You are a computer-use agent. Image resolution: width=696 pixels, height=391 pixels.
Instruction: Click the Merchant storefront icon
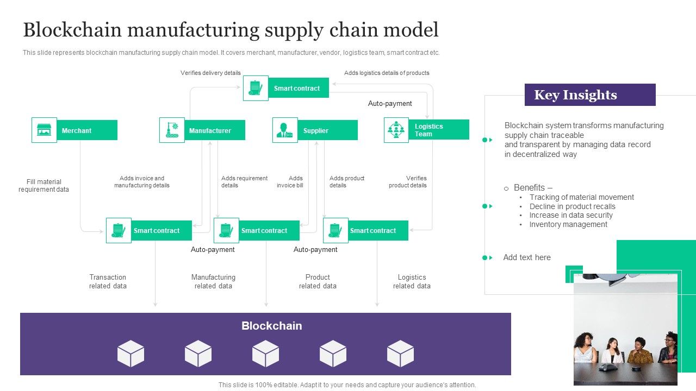click(x=44, y=130)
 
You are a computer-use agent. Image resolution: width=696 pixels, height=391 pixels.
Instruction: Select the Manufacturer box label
click(x=210, y=131)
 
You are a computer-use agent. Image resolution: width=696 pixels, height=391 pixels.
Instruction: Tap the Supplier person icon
click(x=285, y=130)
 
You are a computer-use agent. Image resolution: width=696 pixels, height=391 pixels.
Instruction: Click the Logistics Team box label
click(x=429, y=130)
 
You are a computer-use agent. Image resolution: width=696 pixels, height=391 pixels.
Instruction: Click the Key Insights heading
click(x=575, y=95)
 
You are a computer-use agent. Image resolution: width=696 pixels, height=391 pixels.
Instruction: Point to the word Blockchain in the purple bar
click(x=271, y=326)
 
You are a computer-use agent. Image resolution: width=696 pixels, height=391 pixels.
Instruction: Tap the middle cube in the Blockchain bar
click(x=265, y=354)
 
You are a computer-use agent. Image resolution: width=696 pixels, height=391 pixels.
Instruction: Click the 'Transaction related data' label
click(x=108, y=281)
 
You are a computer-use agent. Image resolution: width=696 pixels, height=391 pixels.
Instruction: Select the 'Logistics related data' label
click(x=412, y=281)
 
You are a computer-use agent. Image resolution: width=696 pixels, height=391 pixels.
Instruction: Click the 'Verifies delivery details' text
click(x=210, y=73)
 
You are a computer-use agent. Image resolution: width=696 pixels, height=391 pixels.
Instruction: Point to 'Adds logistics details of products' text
click(x=387, y=73)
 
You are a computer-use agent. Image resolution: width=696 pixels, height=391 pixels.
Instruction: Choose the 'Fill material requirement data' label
click(x=44, y=186)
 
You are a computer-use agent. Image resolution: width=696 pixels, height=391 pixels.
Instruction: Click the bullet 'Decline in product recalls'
click(x=572, y=206)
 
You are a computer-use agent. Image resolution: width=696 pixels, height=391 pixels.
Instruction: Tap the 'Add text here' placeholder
click(x=527, y=257)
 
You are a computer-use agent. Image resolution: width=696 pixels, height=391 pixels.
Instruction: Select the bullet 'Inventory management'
click(x=568, y=224)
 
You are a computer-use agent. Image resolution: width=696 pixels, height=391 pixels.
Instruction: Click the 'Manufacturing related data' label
click(x=213, y=281)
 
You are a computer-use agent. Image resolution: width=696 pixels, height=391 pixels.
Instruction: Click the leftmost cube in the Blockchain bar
click(x=130, y=354)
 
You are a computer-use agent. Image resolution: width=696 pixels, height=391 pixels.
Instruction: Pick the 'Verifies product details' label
click(x=408, y=182)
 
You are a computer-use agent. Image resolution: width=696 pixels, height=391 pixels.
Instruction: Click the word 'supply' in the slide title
click(x=293, y=30)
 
